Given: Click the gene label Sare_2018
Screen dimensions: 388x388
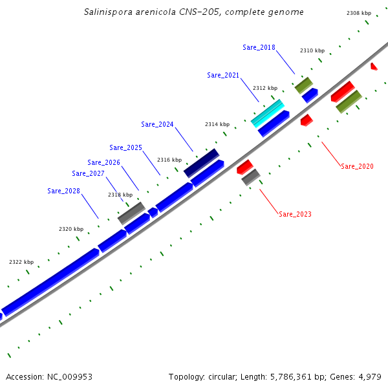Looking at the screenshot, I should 259,47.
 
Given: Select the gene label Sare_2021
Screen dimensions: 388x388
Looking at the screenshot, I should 223,75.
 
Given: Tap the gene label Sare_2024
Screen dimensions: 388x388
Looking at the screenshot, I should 157,124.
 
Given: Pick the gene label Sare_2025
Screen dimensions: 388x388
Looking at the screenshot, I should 125,147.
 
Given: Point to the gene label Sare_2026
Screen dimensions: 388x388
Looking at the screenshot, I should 103,162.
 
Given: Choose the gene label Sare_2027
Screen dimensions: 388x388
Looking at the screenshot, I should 88,173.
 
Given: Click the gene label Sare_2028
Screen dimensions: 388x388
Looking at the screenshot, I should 63,191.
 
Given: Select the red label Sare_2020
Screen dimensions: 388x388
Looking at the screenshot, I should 357,166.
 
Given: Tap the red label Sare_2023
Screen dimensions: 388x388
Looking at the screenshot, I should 295,214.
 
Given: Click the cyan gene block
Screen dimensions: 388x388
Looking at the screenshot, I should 267,113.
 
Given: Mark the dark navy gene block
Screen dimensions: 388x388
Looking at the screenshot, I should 201,162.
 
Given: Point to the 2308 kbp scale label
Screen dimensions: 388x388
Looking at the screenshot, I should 359,13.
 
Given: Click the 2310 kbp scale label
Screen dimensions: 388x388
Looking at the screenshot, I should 312,50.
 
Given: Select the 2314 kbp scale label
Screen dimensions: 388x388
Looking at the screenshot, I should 217,124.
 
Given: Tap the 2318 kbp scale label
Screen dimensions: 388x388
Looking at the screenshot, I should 120,195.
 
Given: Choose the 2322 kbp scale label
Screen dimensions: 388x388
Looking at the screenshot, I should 21,262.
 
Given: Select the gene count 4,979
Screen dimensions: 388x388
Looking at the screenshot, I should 369,376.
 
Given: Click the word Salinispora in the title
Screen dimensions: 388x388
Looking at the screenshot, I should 109,12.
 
